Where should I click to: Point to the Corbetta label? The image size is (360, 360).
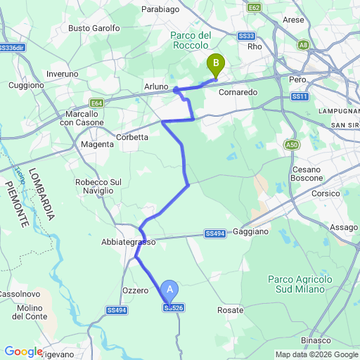click(132, 138)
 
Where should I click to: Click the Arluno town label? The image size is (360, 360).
click(156, 86)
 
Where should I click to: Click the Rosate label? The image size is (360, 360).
click(230, 310)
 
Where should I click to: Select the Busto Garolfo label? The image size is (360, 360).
click(94, 28)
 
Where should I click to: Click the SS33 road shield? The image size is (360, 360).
click(245, 36)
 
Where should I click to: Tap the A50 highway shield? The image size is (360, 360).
click(292, 144)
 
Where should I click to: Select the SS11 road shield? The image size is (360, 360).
click(299, 96)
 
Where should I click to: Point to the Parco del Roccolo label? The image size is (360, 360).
click(191, 40)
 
